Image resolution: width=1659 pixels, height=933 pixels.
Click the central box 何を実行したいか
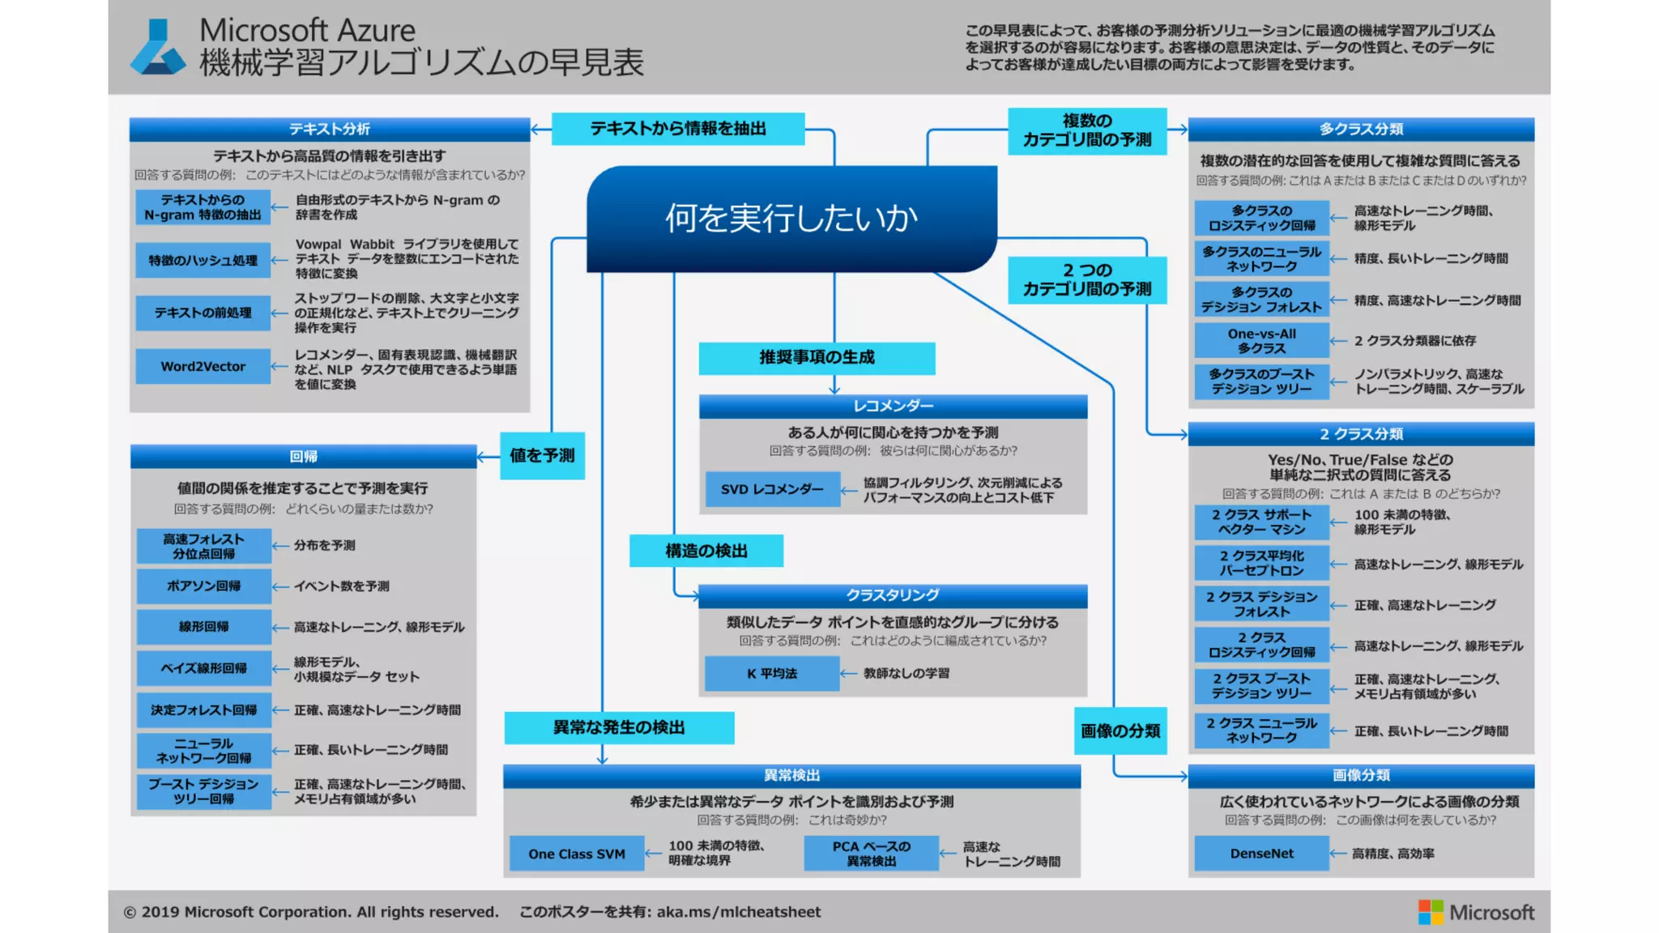791,219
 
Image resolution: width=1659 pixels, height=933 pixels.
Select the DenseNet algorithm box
1261,854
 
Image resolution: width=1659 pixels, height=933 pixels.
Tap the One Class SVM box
576,854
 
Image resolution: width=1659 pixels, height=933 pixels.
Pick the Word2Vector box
203,366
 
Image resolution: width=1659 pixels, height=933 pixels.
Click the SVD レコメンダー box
772,489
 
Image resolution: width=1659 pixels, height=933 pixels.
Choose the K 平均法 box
771,673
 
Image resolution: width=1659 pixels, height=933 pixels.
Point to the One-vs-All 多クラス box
1261,341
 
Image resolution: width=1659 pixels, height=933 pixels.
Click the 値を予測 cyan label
542,456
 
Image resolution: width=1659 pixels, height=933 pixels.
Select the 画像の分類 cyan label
1120,731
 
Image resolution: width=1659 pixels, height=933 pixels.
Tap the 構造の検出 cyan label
706,551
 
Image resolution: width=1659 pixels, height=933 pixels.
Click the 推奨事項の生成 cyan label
817,358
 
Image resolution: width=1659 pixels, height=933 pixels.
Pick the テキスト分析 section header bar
330,130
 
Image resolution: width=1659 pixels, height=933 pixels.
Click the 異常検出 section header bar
791,776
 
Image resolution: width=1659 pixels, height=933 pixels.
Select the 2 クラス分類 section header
1361,434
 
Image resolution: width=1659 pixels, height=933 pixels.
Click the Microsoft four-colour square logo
1430,912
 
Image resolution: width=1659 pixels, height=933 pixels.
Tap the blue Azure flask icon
158,48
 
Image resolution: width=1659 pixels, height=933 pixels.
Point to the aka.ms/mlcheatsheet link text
738,912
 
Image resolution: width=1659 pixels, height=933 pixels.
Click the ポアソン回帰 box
203,586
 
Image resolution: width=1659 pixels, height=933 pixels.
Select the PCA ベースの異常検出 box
871,854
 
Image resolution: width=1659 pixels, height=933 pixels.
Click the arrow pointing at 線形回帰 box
280,628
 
